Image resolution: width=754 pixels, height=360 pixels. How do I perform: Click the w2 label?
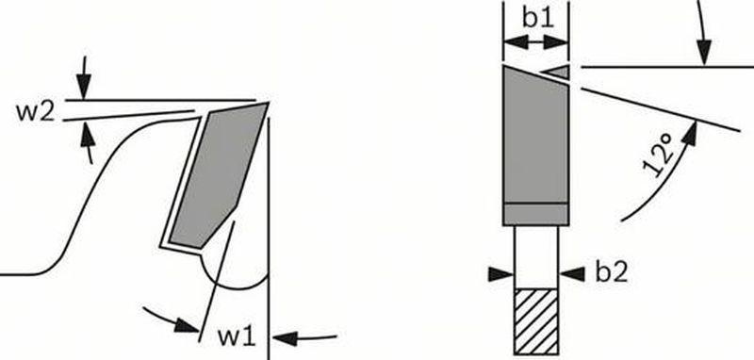click(x=35, y=112)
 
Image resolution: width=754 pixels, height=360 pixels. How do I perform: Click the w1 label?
click(x=237, y=337)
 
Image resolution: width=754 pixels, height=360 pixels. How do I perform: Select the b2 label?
click(x=612, y=273)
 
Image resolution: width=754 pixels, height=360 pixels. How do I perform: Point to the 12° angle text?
click(x=657, y=155)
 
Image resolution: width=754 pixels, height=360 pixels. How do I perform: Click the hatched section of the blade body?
click(x=536, y=321)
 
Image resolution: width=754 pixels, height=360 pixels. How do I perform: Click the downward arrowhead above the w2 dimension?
click(x=84, y=89)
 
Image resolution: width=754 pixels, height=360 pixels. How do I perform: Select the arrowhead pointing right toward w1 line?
click(x=187, y=326)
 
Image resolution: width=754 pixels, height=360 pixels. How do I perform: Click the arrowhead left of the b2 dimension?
click(x=501, y=274)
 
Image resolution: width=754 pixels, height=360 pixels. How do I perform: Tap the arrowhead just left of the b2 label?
click(x=572, y=274)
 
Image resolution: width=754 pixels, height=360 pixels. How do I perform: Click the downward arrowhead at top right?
click(x=704, y=53)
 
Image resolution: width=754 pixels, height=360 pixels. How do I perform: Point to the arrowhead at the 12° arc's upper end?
click(x=689, y=133)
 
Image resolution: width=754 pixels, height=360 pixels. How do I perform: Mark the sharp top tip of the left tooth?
click(x=268, y=103)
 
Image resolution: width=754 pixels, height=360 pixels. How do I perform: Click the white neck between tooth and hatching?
click(x=536, y=257)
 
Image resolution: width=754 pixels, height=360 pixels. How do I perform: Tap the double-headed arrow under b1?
click(x=536, y=42)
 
